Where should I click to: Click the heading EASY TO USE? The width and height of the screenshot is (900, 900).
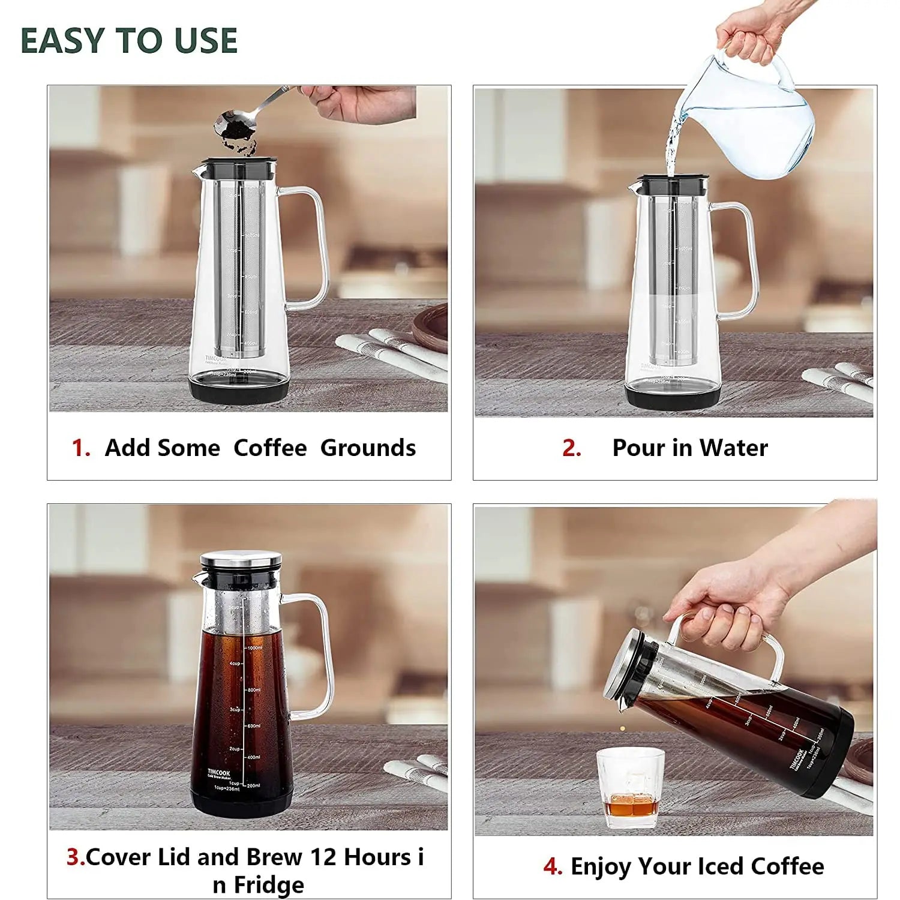pos(129,41)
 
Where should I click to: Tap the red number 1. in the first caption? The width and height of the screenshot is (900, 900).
pos(81,448)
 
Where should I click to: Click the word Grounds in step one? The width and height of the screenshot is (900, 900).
pos(368,448)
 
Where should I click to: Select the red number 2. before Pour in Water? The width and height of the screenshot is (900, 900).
pos(571,448)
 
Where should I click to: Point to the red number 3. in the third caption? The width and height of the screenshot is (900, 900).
pos(76,857)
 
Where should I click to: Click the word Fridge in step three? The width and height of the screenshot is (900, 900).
pos(268,885)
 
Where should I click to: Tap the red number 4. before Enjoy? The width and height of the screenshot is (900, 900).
pos(552,866)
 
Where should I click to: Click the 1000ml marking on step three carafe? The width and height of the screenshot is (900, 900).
pos(254,648)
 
